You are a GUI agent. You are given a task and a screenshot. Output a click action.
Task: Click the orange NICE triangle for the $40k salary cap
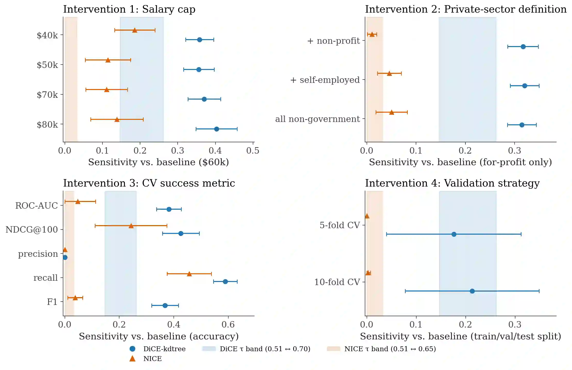point(135,30)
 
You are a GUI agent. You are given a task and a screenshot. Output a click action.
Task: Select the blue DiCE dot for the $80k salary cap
point(216,129)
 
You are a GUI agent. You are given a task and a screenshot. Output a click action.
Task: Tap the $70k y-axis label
point(47,95)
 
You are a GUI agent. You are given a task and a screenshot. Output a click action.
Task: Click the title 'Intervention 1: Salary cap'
point(129,9)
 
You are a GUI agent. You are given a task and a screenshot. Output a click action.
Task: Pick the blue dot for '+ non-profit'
point(523,47)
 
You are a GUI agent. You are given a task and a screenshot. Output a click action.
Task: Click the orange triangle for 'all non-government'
point(392,112)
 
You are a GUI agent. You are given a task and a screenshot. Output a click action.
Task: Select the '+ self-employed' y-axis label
point(325,80)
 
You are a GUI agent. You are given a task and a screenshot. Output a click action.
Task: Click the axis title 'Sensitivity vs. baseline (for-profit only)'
point(460,162)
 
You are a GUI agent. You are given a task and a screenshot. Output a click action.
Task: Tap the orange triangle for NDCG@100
point(131,226)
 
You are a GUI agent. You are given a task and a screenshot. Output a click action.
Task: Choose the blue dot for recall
point(225,281)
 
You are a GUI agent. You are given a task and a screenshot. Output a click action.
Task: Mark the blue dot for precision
point(65,257)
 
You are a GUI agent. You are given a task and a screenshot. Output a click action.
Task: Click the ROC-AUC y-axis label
point(37,206)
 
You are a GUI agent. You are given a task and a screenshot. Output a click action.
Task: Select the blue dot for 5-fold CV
point(454,234)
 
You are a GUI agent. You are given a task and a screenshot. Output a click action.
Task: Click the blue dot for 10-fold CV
point(472,291)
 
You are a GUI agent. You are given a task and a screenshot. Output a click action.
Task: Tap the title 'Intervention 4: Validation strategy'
point(452,183)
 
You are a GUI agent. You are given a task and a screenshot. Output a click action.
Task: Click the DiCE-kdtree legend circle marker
point(132,349)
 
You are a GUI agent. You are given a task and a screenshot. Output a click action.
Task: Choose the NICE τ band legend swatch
point(334,349)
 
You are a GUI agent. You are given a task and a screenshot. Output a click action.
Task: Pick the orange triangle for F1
point(75,298)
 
